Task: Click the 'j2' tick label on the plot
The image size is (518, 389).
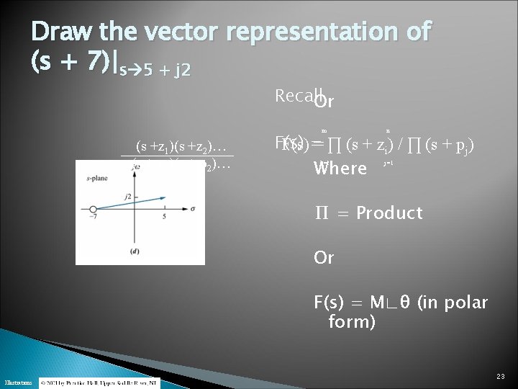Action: [x=127, y=196]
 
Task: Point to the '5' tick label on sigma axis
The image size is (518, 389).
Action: [x=164, y=217]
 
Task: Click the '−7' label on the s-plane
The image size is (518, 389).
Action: [x=94, y=217]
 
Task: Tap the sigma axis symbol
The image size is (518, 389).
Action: [x=192, y=208]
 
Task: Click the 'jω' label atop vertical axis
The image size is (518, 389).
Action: [x=135, y=167]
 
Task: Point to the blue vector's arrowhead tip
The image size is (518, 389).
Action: [x=165, y=197]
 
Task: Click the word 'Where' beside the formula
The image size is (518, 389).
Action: [x=341, y=170]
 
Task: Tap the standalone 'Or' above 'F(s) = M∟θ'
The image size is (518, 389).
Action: [x=324, y=257]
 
